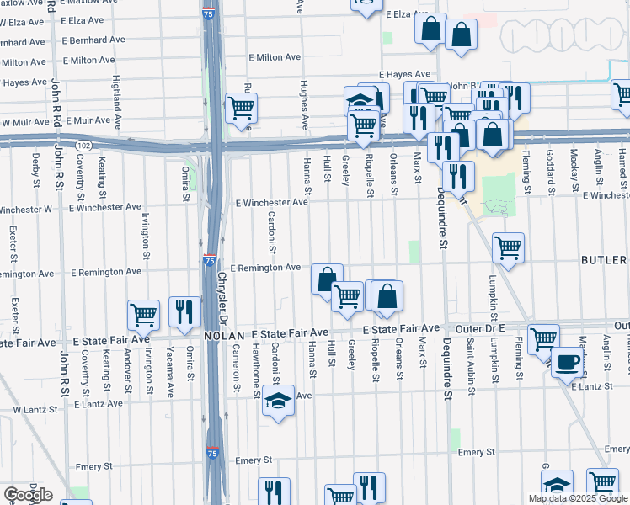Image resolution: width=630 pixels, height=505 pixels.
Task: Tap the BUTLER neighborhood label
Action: (x=605, y=260)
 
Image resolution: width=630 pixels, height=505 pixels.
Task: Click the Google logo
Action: (x=27, y=495)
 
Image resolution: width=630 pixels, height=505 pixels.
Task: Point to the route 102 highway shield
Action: (x=83, y=145)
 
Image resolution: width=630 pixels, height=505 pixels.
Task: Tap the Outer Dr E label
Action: (x=467, y=327)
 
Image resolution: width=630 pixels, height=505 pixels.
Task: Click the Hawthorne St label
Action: (x=255, y=367)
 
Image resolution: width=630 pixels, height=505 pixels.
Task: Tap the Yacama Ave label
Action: (x=169, y=370)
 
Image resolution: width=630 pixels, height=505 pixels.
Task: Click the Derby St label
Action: (x=36, y=169)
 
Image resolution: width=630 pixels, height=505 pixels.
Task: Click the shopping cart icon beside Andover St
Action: (x=144, y=315)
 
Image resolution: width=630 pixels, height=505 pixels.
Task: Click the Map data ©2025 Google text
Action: (x=577, y=498)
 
